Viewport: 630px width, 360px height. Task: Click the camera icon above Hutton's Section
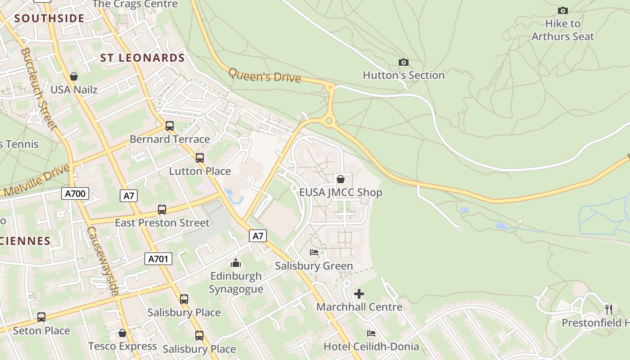click(404, 63)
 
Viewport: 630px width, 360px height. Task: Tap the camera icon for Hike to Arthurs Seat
click(562, 10)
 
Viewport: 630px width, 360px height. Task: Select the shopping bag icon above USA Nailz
click(74, 76)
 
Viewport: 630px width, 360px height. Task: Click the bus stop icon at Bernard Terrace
click(170, 126)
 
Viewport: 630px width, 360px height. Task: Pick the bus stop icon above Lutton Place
click(200, 158)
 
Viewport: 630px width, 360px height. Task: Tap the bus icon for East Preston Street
click(162, 210)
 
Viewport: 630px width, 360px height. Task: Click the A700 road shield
click(75, 194)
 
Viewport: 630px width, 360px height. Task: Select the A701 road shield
click(158, 259)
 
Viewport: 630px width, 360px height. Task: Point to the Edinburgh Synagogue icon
click(236, 263)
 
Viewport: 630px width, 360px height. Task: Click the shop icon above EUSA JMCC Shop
click(341, 179)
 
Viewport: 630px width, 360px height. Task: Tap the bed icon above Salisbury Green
click(314, 252)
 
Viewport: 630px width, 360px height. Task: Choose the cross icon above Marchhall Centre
click(359, 294)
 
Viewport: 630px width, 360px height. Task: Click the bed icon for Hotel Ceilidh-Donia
click(371, 333)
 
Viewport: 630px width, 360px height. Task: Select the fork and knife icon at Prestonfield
click(609, 309)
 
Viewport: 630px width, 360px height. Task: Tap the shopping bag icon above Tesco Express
click(122, 333)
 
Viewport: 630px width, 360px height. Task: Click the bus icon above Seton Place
click(41, 317)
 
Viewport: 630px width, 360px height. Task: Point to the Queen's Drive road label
click(265, 75)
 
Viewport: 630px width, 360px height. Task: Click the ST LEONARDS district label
click(142, 58)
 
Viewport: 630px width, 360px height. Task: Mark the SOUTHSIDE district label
click(49, 18)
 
